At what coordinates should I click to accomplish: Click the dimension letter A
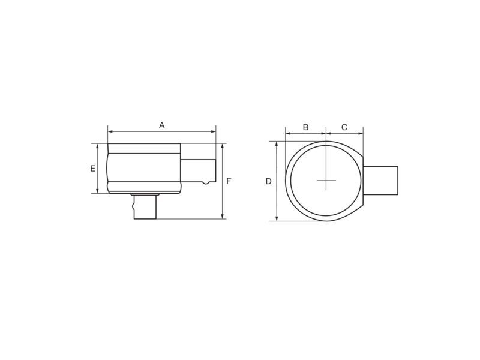(161, 125)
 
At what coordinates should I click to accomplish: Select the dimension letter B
(305, 127)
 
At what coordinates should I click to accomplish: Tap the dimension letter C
(344, 127)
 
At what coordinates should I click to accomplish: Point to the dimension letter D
(268, 181)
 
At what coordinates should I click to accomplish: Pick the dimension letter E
(93, 169)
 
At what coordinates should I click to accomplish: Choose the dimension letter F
(229, 181)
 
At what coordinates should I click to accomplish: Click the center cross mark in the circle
(326, 181)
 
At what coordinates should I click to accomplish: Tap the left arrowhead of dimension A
(110, 131)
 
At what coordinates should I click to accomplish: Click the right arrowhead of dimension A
(214, 131)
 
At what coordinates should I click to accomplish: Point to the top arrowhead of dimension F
(223, 146)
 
